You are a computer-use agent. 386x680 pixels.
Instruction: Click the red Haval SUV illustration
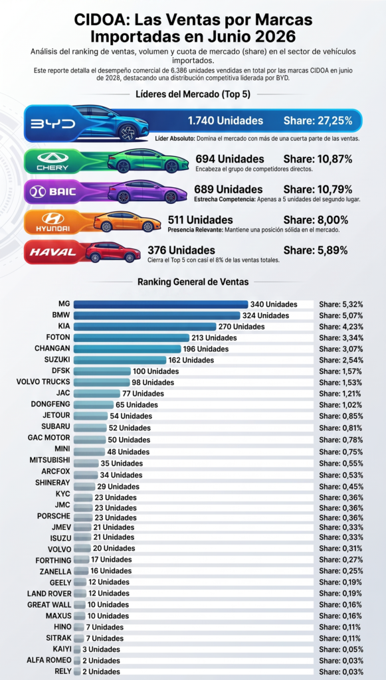pyautogui.click(x=113, y=252)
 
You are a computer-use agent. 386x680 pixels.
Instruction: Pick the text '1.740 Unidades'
pyautogui.click(x=225, y=121)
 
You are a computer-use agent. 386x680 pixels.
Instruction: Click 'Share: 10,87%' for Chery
pyautogui.click(x=318, y=159)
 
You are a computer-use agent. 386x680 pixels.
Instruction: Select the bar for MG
pyautogui.click(x=161, y=304)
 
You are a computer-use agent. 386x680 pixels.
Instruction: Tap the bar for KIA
pyautogui.click(x=144, y=327)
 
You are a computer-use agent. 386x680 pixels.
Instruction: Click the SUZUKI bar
pyautogui.click(x=120, y=360)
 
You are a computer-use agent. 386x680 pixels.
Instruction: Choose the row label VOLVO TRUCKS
pyautogui.click(x=43, y=382)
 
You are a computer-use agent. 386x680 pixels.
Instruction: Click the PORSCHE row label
pyautogui.click(x=54, y=516)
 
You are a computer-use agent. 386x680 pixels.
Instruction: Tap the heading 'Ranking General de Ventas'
pyautogui.click(x=193, y=282)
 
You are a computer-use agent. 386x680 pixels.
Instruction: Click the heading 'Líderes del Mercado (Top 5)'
pyautogui.click(x=193, y=94)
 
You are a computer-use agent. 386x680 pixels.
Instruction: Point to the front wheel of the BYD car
pyautogui.click(x=129, y=132)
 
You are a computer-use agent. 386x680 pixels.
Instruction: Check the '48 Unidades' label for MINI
pyautogui.click(x=128, y=452)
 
